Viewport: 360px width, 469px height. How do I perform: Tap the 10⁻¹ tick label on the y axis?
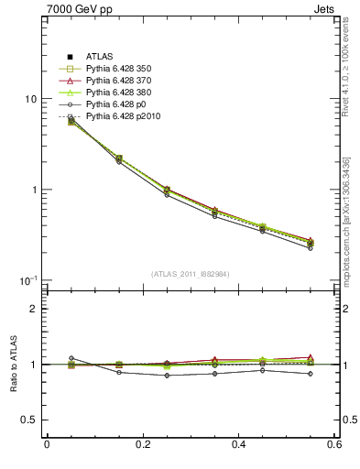click(x=27, y=280)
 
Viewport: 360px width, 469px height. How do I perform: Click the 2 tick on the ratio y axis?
click(x=33, y=310)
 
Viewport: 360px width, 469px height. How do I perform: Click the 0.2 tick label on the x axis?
click(x=142, y=445)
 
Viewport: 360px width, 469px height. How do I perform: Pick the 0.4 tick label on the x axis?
click(x=239, y=445)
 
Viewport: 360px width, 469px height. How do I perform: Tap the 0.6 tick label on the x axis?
click(x=334, y=445)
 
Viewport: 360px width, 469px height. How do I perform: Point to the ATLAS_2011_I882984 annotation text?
click(x=190, y=274)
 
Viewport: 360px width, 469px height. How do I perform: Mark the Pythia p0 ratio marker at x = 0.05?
click(x=71, y=358)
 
